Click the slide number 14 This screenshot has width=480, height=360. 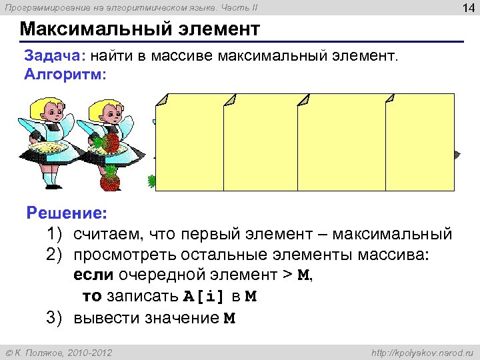point(464,8)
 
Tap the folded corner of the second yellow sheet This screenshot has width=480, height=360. point(231,99)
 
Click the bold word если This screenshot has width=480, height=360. point(93,276)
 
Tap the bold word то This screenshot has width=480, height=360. point(91,297)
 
